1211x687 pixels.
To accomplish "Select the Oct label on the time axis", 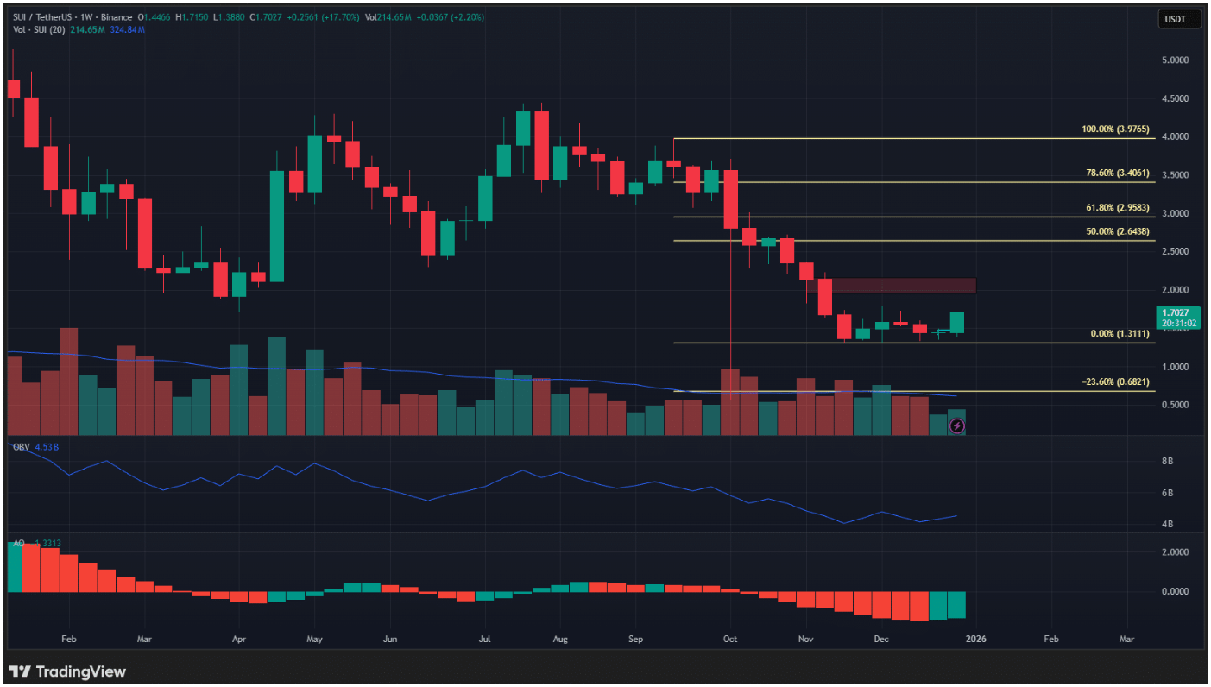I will [729, 640].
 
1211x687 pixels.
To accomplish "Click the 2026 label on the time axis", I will [975, 640].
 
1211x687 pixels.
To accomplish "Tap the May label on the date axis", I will [314, 640].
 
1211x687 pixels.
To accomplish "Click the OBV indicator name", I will [20, 446].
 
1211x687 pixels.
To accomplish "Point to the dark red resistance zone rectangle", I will [903, 285].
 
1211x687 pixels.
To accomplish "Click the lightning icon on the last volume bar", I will [956, 425].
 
